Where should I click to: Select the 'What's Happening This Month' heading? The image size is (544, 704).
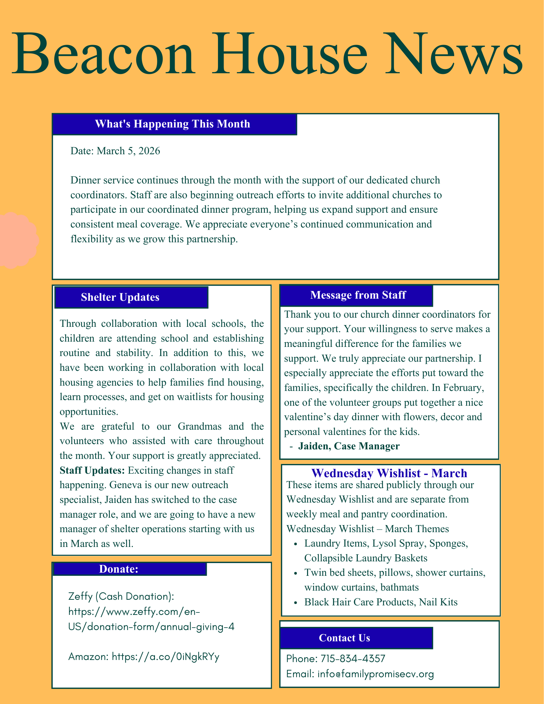(x=173, y=124)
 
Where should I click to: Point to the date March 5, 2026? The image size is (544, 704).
(x=128, y=151)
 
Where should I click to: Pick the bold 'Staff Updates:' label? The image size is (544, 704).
(x=92, y=470)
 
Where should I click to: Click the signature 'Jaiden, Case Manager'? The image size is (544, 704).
(x=349, y=446)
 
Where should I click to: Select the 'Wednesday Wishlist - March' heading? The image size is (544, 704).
(x=389, y=473)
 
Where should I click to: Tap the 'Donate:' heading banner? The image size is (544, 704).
(x=118, y=569)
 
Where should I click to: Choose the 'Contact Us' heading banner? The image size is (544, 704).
(x=344, y=638)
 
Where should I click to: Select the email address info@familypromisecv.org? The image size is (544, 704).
(x=375, y=674)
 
